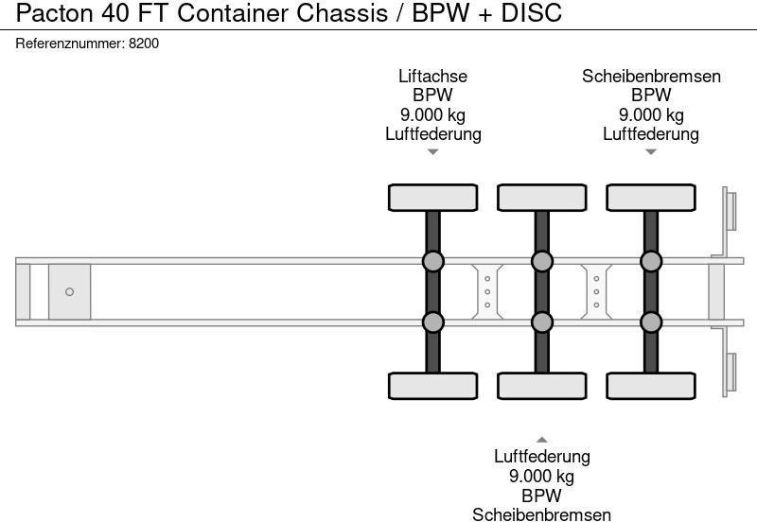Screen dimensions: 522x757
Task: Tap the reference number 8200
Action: pos(143,43)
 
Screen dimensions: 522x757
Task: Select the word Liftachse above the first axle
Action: pos(432,77)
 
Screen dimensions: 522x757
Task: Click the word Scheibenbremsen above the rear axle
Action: pos(651,77)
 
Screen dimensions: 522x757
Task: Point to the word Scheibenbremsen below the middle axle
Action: pos(541,513)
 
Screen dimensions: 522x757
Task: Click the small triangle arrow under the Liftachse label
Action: pos(432,152)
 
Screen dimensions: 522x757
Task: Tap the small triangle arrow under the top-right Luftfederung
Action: pos(651,152)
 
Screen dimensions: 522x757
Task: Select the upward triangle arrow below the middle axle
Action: pos(541,440)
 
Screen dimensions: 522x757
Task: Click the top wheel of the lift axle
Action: pos(432,198)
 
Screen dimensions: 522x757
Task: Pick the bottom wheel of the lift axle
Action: pos(432,386)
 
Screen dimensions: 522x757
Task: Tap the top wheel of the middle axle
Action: pos(541,198)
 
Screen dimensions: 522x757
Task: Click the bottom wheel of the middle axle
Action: pos(541,386)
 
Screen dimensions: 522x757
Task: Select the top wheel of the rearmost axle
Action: pos(651,198)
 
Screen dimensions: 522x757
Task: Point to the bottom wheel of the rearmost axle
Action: pos(651,386)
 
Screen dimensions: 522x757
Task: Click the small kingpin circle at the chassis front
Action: pos(69,291)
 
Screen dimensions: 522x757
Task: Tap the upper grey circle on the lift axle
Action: pos(432,261)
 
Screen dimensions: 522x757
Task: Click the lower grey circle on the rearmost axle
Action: pos(651,322)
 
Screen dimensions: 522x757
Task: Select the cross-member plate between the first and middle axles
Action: pos(486,291)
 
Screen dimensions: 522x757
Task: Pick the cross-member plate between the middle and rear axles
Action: pos(596,291)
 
